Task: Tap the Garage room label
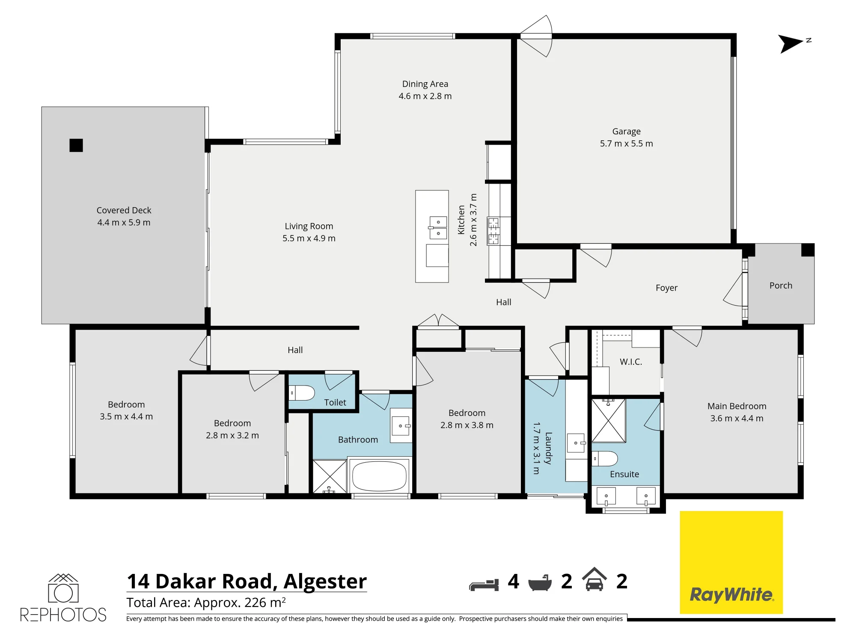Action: (626, 131)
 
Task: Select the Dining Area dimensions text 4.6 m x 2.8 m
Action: (425, 96)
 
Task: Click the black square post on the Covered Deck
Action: (76, 146)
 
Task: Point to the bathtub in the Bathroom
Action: (379, 476)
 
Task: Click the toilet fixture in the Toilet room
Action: (302, 392)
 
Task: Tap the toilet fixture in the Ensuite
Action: (605, 458)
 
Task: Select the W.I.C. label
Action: (631, 362)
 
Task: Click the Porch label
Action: (781, 285)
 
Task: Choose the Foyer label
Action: (666, 288)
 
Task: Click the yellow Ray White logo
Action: (731, 562)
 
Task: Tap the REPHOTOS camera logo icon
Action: (63, 588)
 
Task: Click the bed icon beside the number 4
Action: (484, 585)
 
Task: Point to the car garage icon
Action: (594, 579)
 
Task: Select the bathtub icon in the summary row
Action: (542, 583)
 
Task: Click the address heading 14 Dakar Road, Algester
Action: (247, 581)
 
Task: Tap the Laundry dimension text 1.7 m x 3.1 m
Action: (536, 448)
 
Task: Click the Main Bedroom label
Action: (737, 406)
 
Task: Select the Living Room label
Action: (309, 226)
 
